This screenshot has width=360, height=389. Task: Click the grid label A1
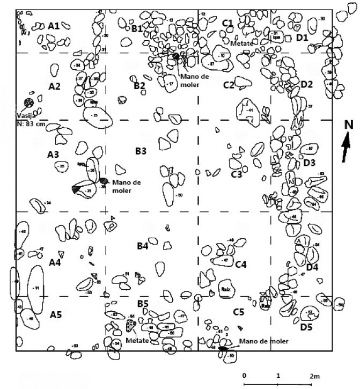54,25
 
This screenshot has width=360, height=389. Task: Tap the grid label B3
141,151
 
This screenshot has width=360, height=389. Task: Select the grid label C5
238,312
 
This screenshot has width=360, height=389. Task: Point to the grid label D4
312,267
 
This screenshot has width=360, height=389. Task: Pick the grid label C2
229,85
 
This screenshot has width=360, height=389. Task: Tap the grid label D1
302,38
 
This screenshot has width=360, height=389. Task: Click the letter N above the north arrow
349,125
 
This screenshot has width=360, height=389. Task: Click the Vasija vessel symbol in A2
28,102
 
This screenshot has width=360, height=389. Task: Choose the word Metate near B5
136,340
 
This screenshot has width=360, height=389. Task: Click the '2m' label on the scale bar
314,376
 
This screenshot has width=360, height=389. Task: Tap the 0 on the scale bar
244,376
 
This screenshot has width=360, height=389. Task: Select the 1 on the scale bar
278,376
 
